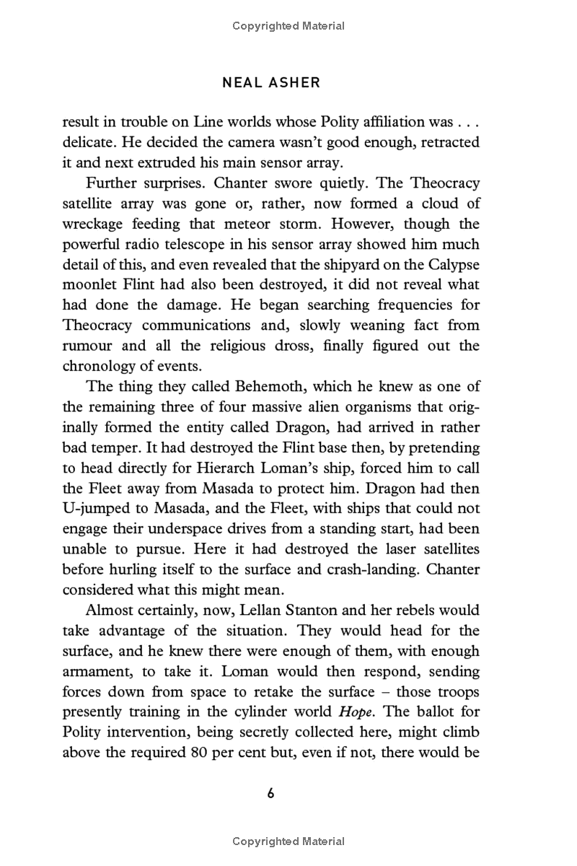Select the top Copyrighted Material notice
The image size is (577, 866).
click(288, 26)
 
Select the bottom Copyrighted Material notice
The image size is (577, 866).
click(288, 841)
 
